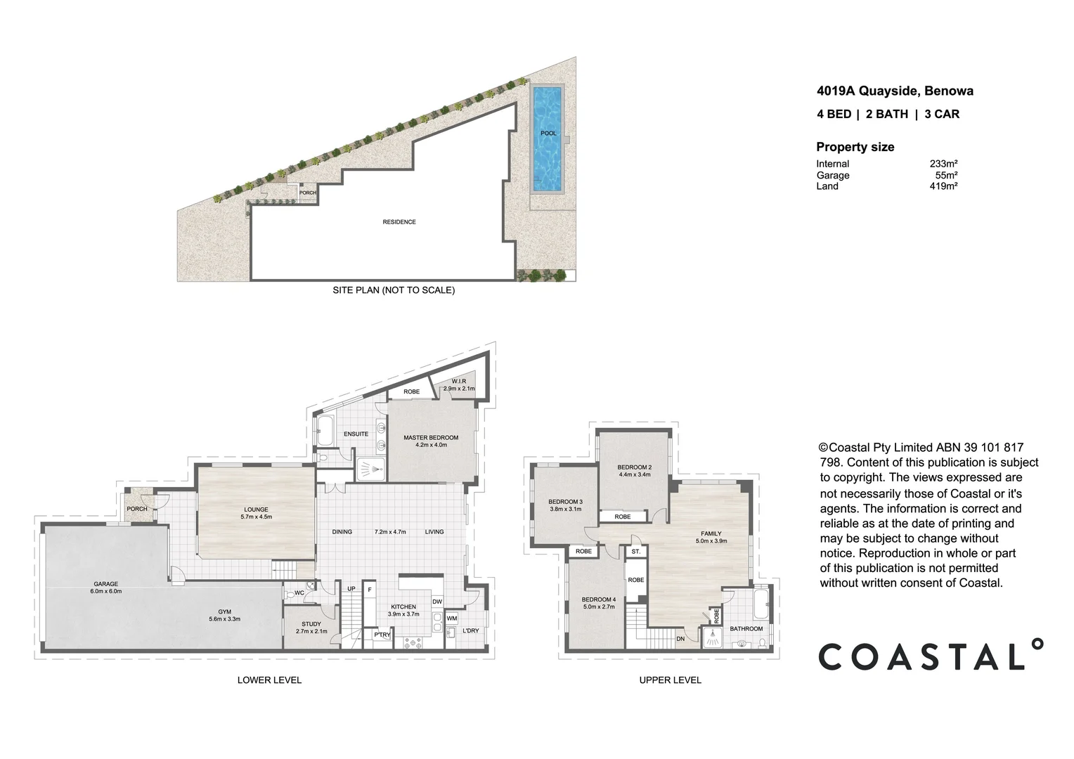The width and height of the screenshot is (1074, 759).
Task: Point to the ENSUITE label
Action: coord(356,434)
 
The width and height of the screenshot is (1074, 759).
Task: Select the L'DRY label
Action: coord(471,630)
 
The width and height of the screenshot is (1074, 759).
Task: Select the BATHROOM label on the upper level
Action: coord(746,629)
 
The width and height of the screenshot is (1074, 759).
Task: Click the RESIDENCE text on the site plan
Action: coord(399,222)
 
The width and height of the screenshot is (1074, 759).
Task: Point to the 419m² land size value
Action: coord(943,186)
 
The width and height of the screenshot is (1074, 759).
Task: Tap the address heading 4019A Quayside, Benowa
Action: coord(895,91)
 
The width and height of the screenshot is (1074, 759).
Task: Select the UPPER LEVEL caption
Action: coord(670,680)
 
